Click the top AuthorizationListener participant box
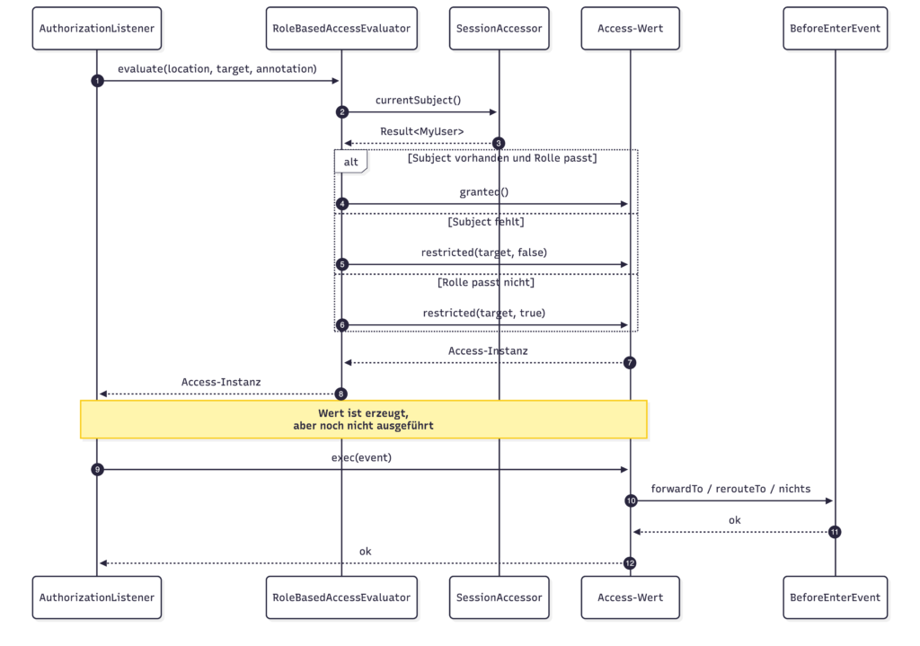(x=97, y=28)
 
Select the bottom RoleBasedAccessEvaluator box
(x=341, y=597)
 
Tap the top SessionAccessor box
(x=500, y=28)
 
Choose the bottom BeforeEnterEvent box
(x=835, y=597)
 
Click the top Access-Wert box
(x=630, y=28)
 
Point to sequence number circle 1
(x=97, y=80)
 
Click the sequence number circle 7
(x=630, y=363)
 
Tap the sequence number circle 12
(x=630, y=563)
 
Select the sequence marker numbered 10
(x=631, y=500)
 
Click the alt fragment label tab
(x=351, y=162)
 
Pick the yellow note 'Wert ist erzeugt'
(x=364, y=420)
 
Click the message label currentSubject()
(x=419, y=101)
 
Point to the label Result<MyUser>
(x=422, y=131)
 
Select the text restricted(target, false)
(x=484, y=252)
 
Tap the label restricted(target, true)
(x=484, y=313)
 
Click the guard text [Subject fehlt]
(x=486, y=222)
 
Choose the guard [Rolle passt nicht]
(x=486, y=282)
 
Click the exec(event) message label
(x=361, y=457)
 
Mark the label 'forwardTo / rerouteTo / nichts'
(x=730, y=489)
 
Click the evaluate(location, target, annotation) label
(x=217, y=68)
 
